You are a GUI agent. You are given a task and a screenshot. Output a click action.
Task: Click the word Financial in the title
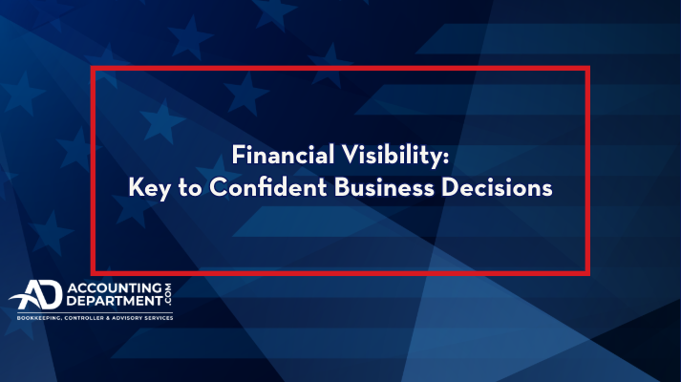[283, 155]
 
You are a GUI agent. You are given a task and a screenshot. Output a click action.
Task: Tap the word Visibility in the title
[392, 156]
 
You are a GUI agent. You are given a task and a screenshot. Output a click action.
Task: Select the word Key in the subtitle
[149, 188]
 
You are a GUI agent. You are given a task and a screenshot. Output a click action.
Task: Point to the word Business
[384, 187]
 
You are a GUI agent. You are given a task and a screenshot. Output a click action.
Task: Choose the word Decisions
[497, 187]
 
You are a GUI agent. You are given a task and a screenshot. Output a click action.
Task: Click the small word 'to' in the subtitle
[190, 188]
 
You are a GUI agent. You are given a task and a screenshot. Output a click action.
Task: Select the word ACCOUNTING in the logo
[115, 287]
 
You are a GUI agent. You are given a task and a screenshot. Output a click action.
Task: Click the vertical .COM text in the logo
[168, 294]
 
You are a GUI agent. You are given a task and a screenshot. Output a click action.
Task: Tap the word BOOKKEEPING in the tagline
[39, 318]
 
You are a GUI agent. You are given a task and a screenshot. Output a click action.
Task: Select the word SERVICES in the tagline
[158, 318]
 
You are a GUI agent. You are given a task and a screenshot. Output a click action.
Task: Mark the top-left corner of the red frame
[93, 68]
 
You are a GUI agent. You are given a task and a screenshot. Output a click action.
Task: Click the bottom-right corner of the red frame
[587, 273]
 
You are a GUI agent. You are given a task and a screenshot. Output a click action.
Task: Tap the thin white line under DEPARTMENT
[96, 312]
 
